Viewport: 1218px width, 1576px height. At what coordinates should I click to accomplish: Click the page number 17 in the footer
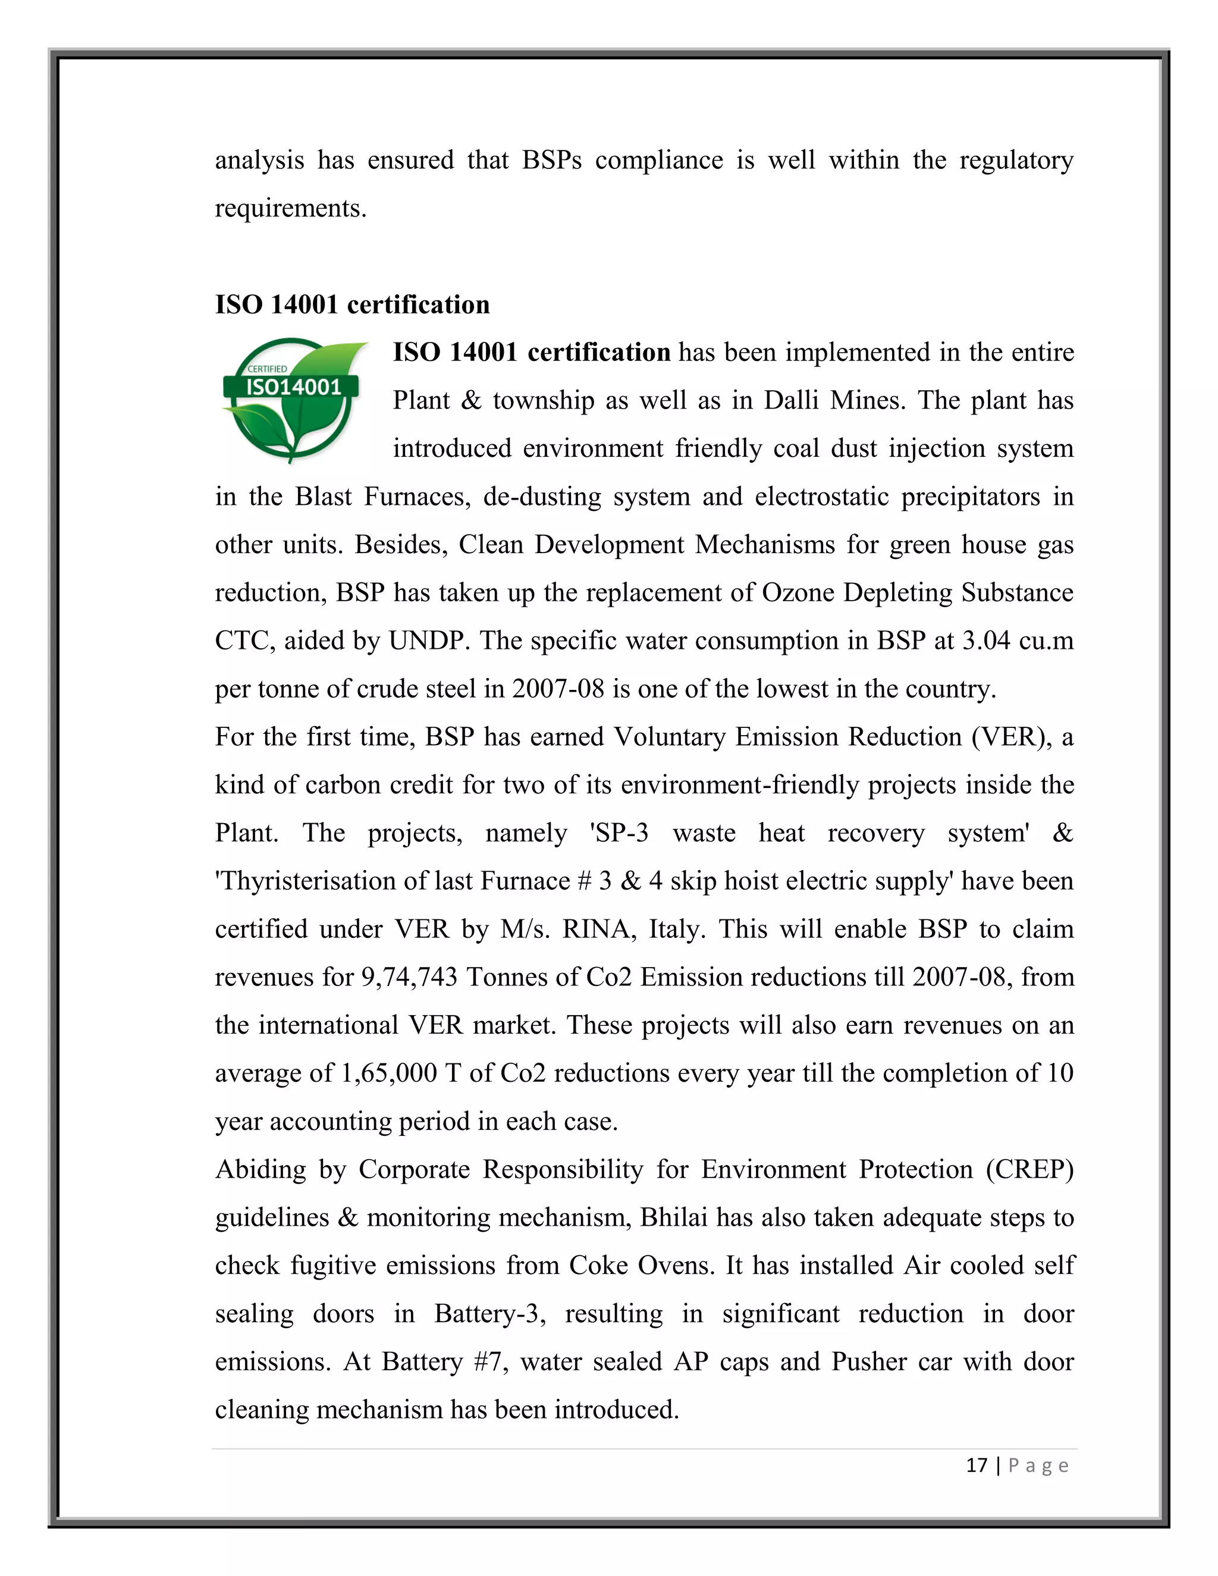pyautogui.click(x=977, y=1465)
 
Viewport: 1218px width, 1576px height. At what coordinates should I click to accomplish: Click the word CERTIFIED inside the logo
pyautogui.click(x=267, y=369)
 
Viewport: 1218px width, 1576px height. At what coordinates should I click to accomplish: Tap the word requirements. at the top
pyautogui.click(x=291, y=209)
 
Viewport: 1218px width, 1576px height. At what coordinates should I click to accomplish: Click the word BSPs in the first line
pyautogui.click(x=551, y=160)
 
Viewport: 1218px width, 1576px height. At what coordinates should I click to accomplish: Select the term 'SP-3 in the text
pyautogui.click(x=619, y=833)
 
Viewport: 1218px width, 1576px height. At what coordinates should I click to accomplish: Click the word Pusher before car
pyautogui.click(x=869, y=1362)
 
